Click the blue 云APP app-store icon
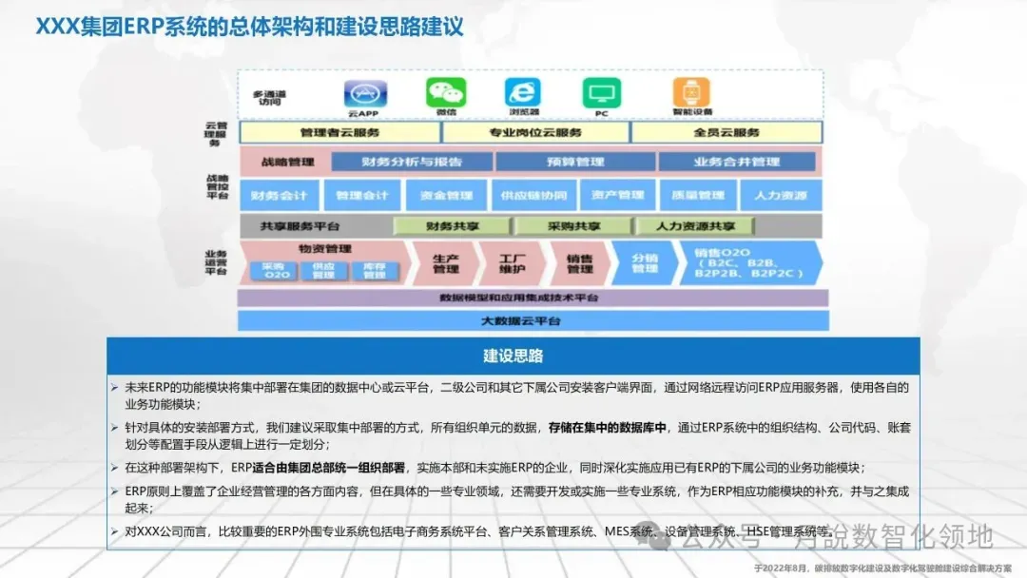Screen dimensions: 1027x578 pyautogui.click(x=362, y=93)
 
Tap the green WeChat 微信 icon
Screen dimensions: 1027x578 pyautogui.click(x=446, y=92)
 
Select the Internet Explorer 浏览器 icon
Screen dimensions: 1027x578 pyautogui.click(x=522, y=92)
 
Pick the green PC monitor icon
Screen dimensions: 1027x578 pyautogui.click(x=601, y=93)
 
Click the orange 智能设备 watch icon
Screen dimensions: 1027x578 pyautogui.click(x=691, y=92)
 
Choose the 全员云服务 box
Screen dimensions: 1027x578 pyautogui.click(x=727, y=132)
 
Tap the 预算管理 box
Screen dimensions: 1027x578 pyautogui.click(x=574, y=162)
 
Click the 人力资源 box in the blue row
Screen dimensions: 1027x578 pyautogui.click(x=780, y=196)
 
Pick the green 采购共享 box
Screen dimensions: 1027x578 pyautogui.click(x=573, y=226)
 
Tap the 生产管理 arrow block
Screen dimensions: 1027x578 pyautogui.click(x=445, y=263)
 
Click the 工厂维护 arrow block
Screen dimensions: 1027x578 pyautogui.click(x=512, y=263)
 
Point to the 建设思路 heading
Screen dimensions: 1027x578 pyautogui.click(x=513, y=356)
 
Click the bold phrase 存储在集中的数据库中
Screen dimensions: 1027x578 pyautogui.click(x=608, y=428)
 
